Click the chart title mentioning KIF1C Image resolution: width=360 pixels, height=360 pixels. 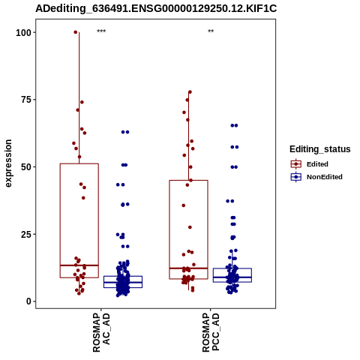click(156, 9)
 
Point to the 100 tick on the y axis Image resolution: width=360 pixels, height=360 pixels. click(23, 33)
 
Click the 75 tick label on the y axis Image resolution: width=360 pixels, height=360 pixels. click(26, 100)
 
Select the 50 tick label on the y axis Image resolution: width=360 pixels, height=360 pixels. click(26, 167)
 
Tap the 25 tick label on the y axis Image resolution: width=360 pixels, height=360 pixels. click(26, 234)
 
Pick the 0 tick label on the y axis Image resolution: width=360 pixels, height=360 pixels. click(28, 301)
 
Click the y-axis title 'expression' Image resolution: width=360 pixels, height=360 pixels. click(8, 163)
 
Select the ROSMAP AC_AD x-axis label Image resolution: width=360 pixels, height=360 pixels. click(101, 332)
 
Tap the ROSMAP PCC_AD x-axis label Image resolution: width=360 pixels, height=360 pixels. click(211, 332)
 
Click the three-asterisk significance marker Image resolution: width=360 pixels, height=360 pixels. click(101, 31)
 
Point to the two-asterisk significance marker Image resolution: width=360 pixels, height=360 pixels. click(211, 31)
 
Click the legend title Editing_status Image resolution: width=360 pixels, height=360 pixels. click(320, 149)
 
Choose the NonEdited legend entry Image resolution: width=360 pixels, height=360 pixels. click(316, 177)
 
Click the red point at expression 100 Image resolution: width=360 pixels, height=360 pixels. click(76, 32)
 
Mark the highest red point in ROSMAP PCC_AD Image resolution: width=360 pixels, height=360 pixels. click(190, 92)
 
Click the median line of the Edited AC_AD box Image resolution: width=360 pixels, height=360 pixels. click(79, 265)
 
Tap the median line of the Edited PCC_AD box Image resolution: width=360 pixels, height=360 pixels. click(188, 268)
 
